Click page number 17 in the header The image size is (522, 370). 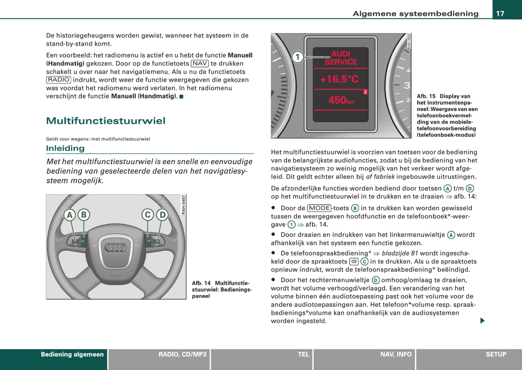point(500,14)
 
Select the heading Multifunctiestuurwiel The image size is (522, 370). point(106,121)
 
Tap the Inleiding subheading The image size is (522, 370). point(65,148)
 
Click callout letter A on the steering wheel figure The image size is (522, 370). point(70,215)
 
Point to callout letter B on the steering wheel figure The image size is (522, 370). point(84,215)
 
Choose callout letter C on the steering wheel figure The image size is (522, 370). point(147,215)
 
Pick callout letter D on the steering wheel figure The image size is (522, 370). point(162,215)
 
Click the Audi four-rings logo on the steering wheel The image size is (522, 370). point(116,248)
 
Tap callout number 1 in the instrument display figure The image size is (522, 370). point(297,57)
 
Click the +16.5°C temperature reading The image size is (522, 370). point(340,79)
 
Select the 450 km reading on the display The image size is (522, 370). point(341,100)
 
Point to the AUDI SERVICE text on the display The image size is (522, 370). point(341,58)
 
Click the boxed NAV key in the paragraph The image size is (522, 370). point(200,63)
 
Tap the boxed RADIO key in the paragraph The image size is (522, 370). point(59,80)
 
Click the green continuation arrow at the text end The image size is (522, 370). point(482,321)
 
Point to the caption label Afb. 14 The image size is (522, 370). point(201,283)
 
